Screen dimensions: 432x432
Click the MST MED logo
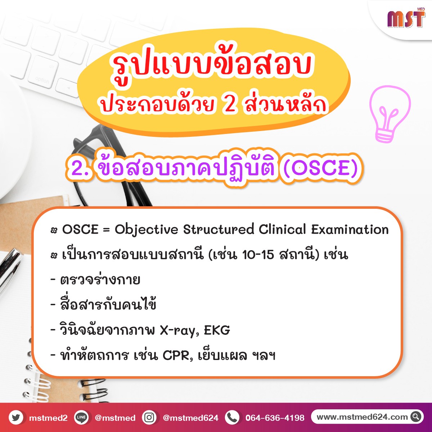[406, 18]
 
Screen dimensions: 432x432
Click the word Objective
[146, 230]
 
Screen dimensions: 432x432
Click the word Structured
[219, 230]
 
